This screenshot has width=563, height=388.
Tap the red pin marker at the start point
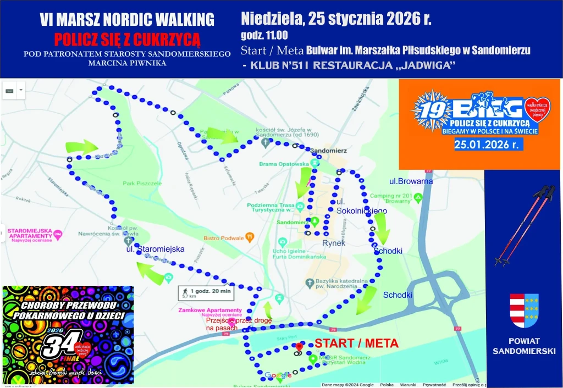[x=299, y=347]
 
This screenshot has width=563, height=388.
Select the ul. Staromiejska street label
[x=155, y=249]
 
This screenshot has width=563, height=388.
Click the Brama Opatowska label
[x=283, y=164]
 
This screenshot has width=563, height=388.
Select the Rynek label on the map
[x=333, y=242]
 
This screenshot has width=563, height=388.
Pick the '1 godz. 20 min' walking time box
[x=205, y=293]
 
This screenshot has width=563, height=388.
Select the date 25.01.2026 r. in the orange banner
[x=488, y=145]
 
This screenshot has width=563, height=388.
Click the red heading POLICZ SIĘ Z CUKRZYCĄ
[x=126, y=39]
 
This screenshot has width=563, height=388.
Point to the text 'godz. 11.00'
[x=264, y=36]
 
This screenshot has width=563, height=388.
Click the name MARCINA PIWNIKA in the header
[x=126, y=63]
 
